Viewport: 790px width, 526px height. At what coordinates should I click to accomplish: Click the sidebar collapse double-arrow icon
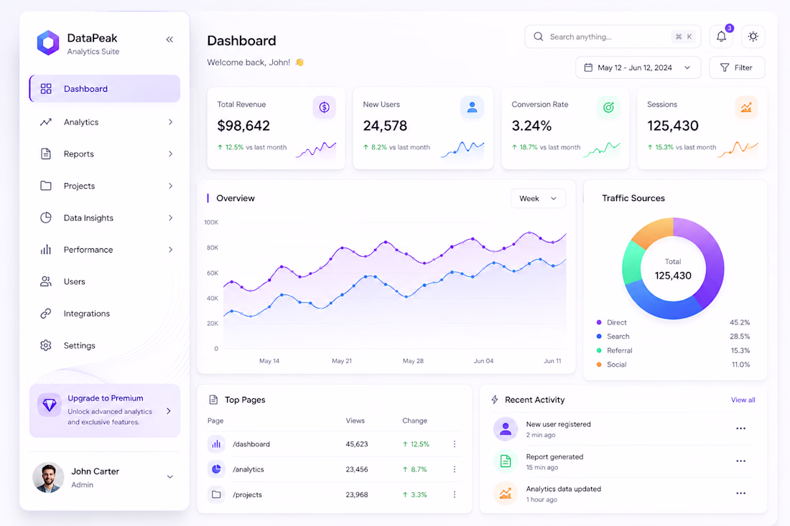point(169,39)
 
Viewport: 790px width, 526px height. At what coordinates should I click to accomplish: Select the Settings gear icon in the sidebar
point(46,345)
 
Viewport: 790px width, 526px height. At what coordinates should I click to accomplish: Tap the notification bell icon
point(721,37)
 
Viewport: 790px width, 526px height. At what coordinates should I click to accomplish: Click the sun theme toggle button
point(753,37)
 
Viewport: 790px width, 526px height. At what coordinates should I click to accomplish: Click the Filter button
point(737,67)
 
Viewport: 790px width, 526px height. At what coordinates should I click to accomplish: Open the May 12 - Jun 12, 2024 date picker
point(638,67)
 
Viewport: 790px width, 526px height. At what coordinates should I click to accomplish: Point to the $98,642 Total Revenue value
point(243,126)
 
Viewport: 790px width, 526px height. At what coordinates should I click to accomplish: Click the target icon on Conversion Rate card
point(608,107)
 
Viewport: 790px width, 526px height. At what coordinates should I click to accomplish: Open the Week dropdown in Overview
point(538,198)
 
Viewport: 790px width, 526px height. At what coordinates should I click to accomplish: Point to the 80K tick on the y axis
point(212,248)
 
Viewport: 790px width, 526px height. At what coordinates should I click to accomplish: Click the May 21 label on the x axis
point(342,361)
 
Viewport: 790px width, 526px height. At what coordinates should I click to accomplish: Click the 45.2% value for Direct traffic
point(740,322)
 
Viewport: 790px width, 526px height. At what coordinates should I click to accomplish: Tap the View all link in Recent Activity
point(743,400)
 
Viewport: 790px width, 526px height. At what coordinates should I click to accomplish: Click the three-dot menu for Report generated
point(740,461)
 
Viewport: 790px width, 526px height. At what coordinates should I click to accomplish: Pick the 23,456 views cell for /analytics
point(357,469)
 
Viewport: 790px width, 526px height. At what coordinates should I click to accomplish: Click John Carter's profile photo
point(48,477)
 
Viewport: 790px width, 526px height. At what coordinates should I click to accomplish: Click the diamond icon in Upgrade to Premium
point(50,405)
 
